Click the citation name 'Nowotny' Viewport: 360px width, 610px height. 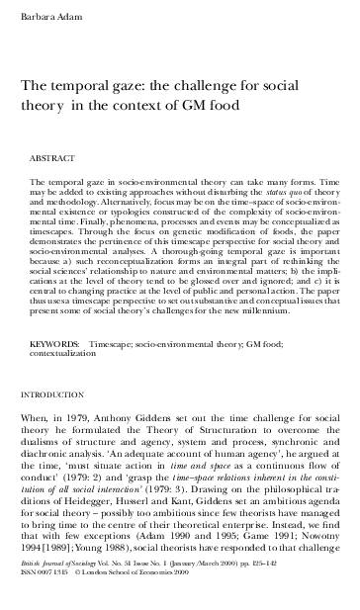coord(315,563)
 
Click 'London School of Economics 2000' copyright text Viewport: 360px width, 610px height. coord(128,597)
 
